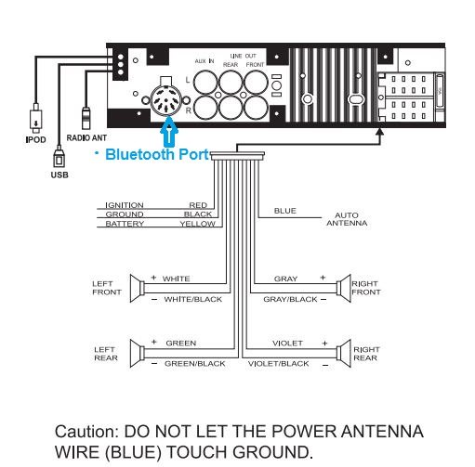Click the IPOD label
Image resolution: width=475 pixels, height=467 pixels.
35,139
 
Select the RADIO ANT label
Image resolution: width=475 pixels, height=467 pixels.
86,137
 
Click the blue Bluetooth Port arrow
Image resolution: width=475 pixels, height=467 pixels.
169,132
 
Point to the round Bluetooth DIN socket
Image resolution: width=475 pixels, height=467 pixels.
166,99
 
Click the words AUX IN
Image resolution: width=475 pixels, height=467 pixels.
205,61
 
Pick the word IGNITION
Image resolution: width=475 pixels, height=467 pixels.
125,205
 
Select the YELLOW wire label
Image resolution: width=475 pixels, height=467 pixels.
198,224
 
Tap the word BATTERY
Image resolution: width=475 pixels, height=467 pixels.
125,224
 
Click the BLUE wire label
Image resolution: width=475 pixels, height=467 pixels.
285,211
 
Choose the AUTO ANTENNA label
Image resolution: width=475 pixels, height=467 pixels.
347,219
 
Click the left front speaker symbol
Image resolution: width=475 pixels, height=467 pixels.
138,288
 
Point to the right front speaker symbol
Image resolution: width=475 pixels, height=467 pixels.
344,288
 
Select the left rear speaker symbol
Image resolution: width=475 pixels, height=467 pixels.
138,354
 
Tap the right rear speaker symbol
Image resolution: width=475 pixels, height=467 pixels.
344,354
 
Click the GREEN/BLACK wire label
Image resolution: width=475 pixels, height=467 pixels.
195,364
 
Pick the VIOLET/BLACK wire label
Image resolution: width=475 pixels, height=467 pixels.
278,364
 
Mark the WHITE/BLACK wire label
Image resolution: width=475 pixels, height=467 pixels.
193,299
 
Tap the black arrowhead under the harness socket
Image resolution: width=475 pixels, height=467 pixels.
380,132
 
